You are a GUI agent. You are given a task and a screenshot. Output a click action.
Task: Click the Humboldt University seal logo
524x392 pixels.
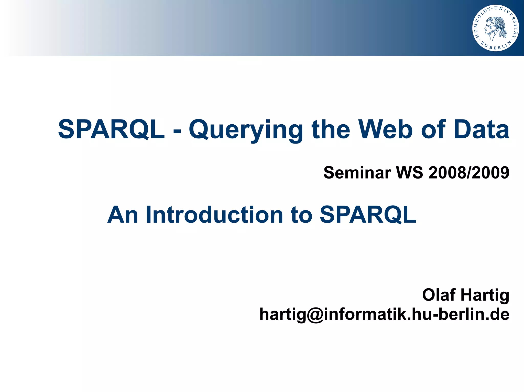(495, 28)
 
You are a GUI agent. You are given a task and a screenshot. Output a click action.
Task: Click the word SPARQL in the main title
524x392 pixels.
(111, 130)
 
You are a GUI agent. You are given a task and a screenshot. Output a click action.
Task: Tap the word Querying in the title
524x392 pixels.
(245, 130)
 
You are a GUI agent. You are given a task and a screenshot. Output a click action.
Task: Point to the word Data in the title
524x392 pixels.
(481, 130)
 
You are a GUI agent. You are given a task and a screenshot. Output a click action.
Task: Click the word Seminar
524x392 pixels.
(357, 173)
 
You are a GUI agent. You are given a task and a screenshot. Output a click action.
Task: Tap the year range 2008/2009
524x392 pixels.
(469, 173)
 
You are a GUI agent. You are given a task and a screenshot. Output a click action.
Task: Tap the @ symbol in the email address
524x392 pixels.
(315, 315)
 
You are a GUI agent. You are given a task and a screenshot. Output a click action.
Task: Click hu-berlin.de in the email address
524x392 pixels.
(461, 314)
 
